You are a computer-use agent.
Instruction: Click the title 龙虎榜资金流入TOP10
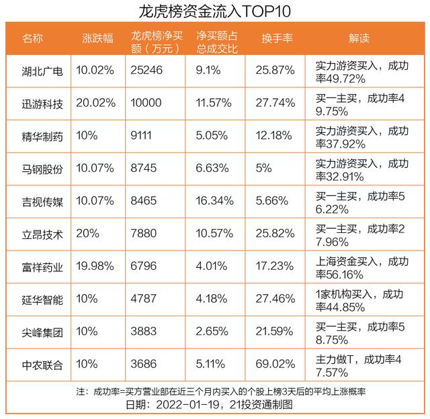pos(215,11)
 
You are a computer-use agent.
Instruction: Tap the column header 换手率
pos(277,38)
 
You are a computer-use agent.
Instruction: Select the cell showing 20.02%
pos(95,103)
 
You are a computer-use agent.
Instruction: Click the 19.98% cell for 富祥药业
pos(95,267)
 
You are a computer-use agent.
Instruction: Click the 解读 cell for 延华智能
pos(361,300)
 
